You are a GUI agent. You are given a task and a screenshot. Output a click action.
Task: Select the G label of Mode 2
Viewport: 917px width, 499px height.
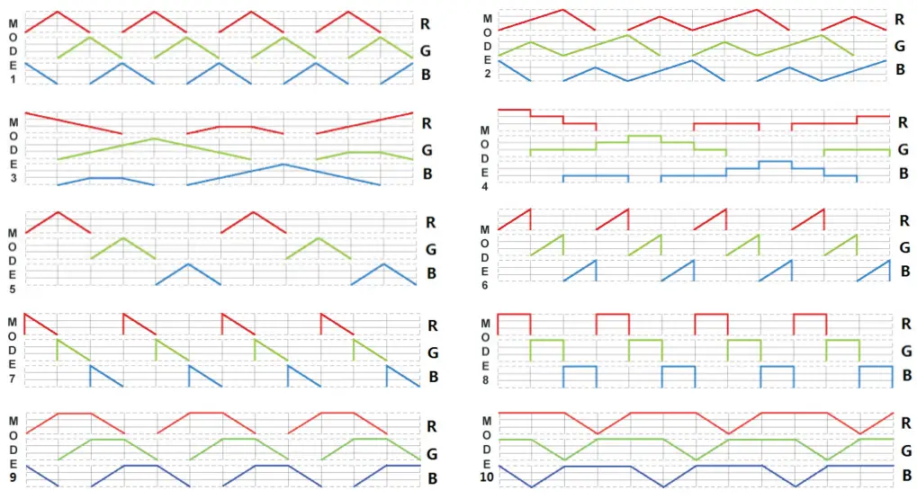tap(899, 46)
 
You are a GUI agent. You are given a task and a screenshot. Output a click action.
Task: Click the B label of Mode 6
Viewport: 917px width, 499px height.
tap(904, 272)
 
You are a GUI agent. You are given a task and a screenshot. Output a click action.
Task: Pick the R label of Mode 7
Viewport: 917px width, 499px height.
tap(433, 325)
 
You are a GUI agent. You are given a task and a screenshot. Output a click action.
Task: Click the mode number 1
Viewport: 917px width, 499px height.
tap(13, 79)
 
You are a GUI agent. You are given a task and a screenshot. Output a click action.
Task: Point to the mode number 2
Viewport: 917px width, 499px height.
tap(487, 73)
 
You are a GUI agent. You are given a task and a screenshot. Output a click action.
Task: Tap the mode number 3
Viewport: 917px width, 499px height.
tap(13, 178)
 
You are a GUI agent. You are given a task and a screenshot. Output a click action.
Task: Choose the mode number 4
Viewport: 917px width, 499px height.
tap(487, 186)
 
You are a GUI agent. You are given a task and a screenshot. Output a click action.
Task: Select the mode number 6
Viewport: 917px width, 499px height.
tap(487, 284)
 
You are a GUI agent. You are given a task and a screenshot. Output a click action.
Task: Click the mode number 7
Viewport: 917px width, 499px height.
tap(13, 380)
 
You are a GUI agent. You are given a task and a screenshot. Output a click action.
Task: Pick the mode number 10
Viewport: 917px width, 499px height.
tap(487, 477)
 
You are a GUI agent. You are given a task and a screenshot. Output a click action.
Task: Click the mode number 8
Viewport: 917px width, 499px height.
tap(487, 380)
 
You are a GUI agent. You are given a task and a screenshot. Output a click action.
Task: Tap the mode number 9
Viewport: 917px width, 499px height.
tap(13, 477)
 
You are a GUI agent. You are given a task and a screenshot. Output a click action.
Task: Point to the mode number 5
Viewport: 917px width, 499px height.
tap(13, 289)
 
